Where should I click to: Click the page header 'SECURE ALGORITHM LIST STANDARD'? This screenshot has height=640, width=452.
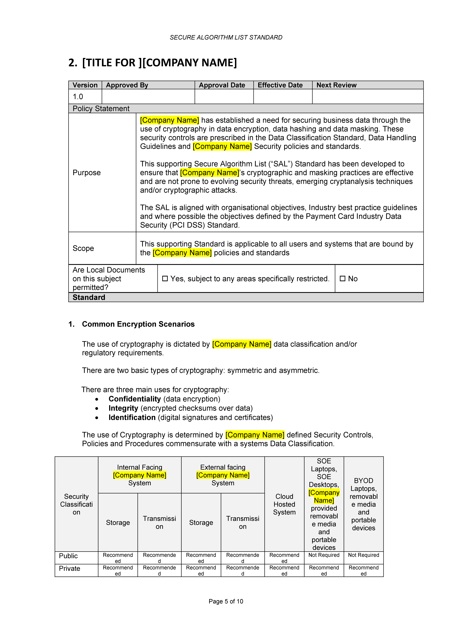pos(226,37)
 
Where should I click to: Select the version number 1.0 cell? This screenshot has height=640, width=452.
pos(78,97)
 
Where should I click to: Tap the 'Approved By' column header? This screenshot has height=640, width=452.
pos(127,85)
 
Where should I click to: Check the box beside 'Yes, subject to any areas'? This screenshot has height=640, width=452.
pos(165,278)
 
